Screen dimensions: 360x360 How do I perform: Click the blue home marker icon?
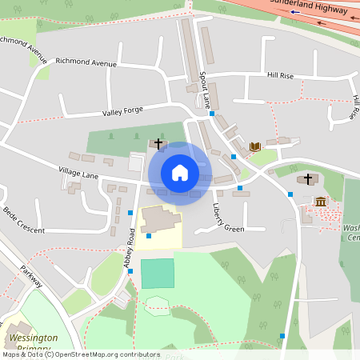click(179, 173)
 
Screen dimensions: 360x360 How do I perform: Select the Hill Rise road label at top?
click(281, 75)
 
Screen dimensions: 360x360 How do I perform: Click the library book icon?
click(255, 146)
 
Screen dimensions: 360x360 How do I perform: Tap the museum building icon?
click(321, 201)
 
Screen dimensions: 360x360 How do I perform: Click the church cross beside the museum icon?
click(308, 178)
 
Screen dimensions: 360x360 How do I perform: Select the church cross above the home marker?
click(158, 144)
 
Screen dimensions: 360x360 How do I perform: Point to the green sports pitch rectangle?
click(157, 273)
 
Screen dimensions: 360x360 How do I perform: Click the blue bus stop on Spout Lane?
click(212, 114)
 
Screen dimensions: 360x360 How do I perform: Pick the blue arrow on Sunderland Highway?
click(296, 12)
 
